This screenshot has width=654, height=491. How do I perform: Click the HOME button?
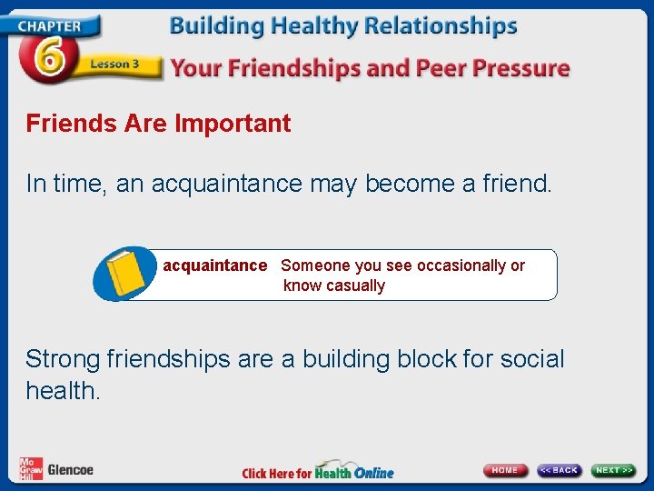coord(505,470)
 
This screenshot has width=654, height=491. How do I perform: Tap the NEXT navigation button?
coord(614,470)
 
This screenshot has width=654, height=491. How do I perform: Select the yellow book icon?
coord(127,273)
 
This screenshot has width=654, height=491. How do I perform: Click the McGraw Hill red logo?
coord(31,469)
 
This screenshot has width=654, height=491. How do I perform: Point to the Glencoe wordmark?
coord(71,470)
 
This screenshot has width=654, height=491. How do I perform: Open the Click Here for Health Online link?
coord(318,472)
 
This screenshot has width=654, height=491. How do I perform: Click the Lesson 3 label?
coord(114,64)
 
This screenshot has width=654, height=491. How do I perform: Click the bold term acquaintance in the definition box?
coord(215,266)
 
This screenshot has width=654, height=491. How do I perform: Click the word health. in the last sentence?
coord(64,391)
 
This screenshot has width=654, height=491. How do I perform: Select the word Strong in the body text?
coord(63,359)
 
